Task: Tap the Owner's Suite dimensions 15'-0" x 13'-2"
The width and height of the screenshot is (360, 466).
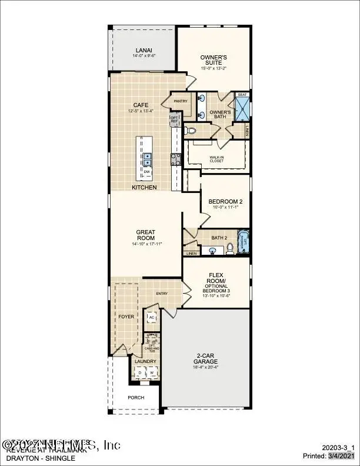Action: pos(213,68)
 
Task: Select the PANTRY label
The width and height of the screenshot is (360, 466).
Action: pos(181,101)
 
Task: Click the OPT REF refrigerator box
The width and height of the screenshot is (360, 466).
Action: pos(174,120)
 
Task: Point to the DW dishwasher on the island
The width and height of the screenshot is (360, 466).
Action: pos(146,172)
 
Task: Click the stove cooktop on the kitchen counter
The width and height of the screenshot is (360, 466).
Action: pos(175,158)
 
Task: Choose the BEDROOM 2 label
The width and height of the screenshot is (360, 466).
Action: pos(225,201)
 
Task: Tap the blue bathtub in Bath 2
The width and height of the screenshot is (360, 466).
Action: pos(243,243)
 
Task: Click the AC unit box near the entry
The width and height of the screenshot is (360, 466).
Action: pos(151,317)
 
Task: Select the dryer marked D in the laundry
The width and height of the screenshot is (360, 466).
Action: pos(140,372)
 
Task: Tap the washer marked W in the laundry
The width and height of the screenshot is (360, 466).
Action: pos(151,372)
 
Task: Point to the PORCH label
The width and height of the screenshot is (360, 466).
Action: pos(136,397)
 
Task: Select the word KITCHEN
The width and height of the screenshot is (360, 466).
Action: pos(144,187)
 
